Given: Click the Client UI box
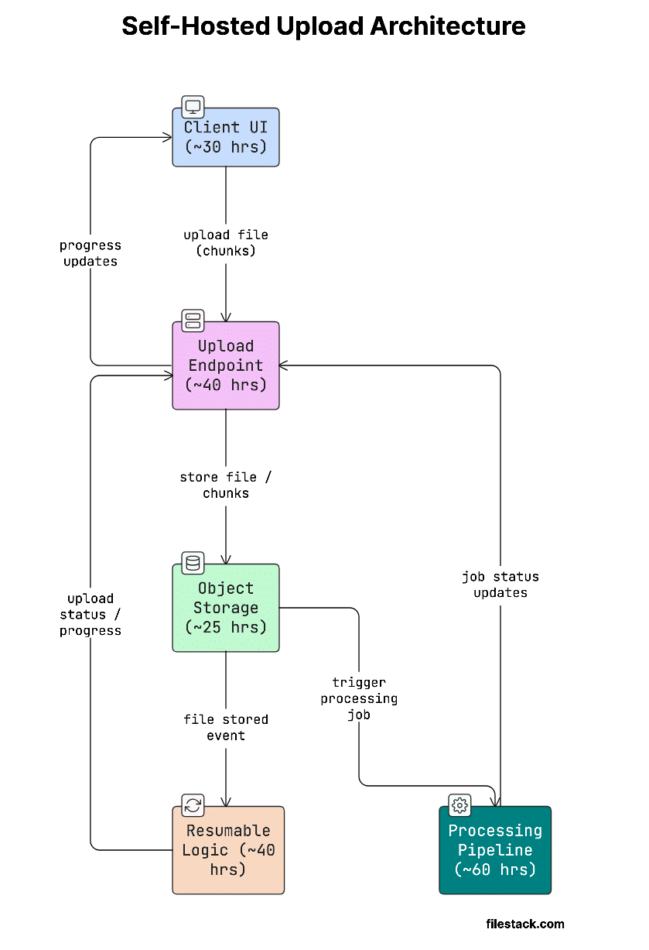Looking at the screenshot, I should pyautogui.click(x=225, y=138).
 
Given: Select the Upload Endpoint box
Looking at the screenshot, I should pyautogui.click(x=225, y=366).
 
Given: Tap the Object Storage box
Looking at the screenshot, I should pyautogui.click(x=225, y=609).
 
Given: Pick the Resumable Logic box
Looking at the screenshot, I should pyautogui.click(x=228, y=851).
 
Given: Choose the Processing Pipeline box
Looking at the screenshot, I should pyautogui.click(x=495, y=851).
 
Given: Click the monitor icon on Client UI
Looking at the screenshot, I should pyautogui.click(x=193, y=107).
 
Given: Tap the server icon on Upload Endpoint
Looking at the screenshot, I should pyautogui.click(x=193, y=321).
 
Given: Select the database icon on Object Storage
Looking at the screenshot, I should pyautogui.click(x=193, y=563).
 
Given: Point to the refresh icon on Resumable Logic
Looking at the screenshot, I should pyautogui.click(x=193, y=805).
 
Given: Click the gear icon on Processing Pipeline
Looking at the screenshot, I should pyautogui.click(x=459, y=805).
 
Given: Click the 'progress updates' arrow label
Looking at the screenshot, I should pyautogui.click(x=91, y=253).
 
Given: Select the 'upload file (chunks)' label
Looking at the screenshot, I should pyautogui.click(x=226, y=242).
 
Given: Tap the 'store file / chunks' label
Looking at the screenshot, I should pyautogui.click(x=226, y=485).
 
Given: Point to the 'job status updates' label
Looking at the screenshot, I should pyautogui.click(x=500, y=585).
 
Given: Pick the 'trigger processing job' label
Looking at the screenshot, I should pyautogui.click(x=359, y=698).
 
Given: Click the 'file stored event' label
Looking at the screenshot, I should pyautogui.click(x=226, y=727).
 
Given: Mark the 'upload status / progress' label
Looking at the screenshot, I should pyautogui.click(x=91, y=614).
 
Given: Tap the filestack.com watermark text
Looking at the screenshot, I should pyautogui.click(x=525, y=924).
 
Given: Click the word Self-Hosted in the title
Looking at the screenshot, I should pyautogui.click(x=196, y=26).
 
